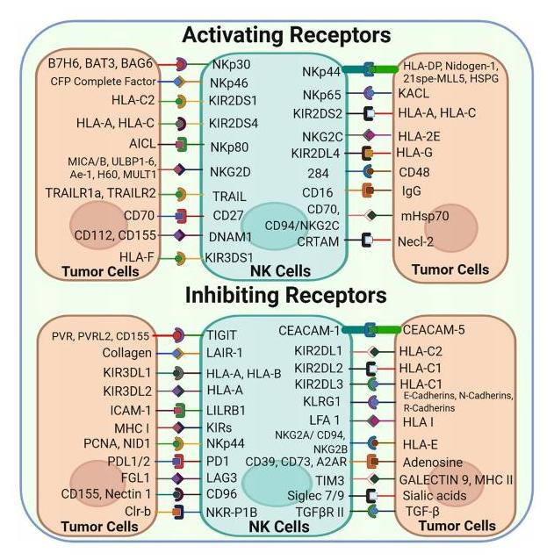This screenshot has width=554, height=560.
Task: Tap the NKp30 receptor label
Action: pyautogui.click(x=230, y=64)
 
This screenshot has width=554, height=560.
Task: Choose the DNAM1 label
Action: pyautogui.click(x=230, y=236)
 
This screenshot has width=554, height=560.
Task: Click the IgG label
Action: pyautogui.click(x=410, y=190)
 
